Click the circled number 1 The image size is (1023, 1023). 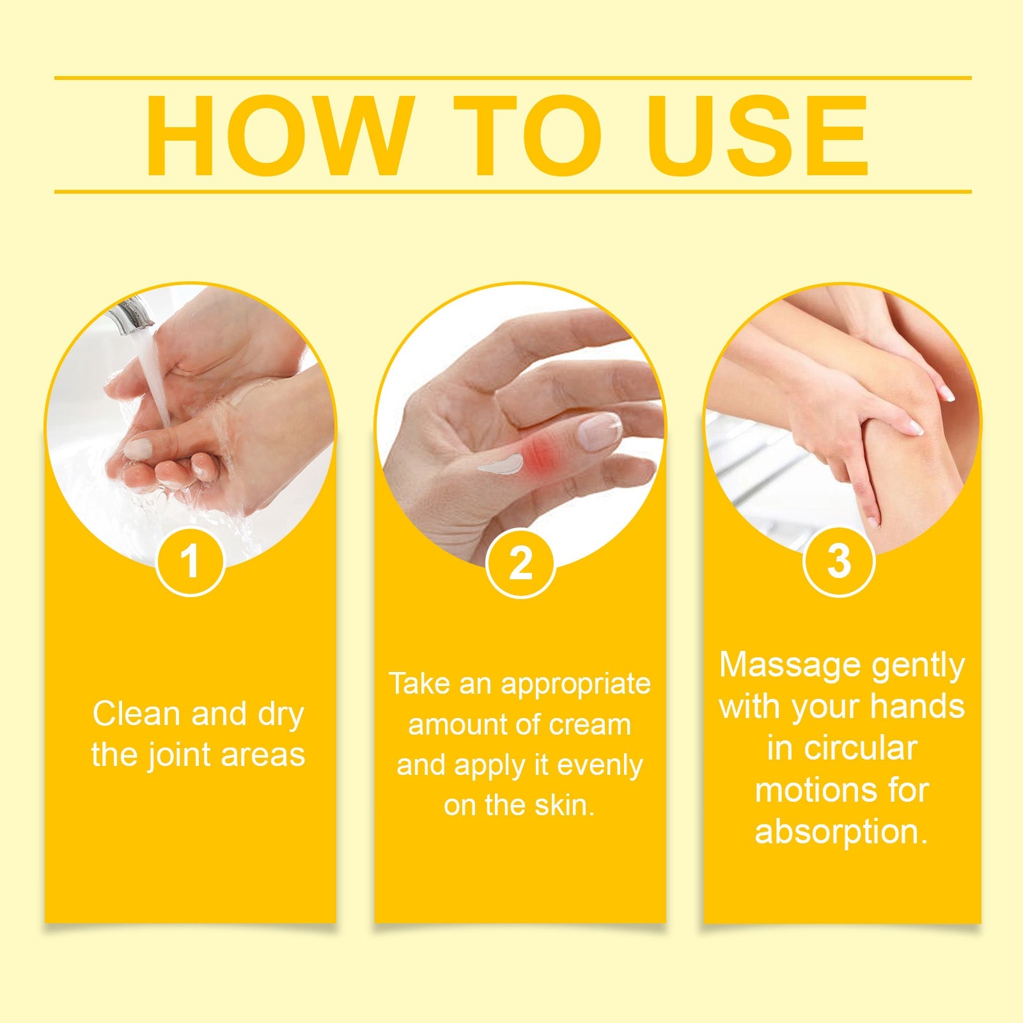tap(190, 562)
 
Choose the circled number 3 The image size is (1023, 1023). tap(838, 561)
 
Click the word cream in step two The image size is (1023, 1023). tap(590, 725)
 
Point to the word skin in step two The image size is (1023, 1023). tap(564, 806)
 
